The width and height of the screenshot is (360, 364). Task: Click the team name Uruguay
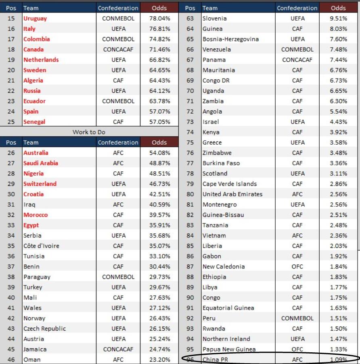(x=35, y=19)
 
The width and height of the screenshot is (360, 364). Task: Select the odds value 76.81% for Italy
(x=159, y=29)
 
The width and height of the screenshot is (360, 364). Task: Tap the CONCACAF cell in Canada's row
(x=118, y=50)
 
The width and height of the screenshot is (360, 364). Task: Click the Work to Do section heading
(x=89, y=132)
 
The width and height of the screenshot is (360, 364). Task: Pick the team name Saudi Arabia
(x=41, y=163)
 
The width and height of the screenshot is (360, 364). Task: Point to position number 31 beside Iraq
(x=11, y=205)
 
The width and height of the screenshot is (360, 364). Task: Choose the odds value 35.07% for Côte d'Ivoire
(x=159, y=246)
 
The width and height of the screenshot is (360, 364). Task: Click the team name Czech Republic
(x=44, y=329)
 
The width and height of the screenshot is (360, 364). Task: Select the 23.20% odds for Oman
(x=159, y=360)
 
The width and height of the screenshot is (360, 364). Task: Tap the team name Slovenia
(x=215, y=19)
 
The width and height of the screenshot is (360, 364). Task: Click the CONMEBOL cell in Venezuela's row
(x=297, y=50)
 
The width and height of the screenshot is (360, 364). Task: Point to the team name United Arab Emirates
(x=232, y=194)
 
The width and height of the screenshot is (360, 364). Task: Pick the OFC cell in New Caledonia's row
(x=297, y=266)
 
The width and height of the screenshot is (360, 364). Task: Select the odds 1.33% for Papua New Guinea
(x=338, y=349)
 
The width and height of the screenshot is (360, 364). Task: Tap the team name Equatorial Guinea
(x=228, y=308)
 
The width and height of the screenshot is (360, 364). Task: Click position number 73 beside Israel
(x=190, y=122)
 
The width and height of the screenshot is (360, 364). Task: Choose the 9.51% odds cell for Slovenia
(x=338, y=19)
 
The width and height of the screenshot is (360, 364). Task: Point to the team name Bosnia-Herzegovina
(x=231, y=39)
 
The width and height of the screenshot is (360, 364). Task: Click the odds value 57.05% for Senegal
(x=159, y=122)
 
